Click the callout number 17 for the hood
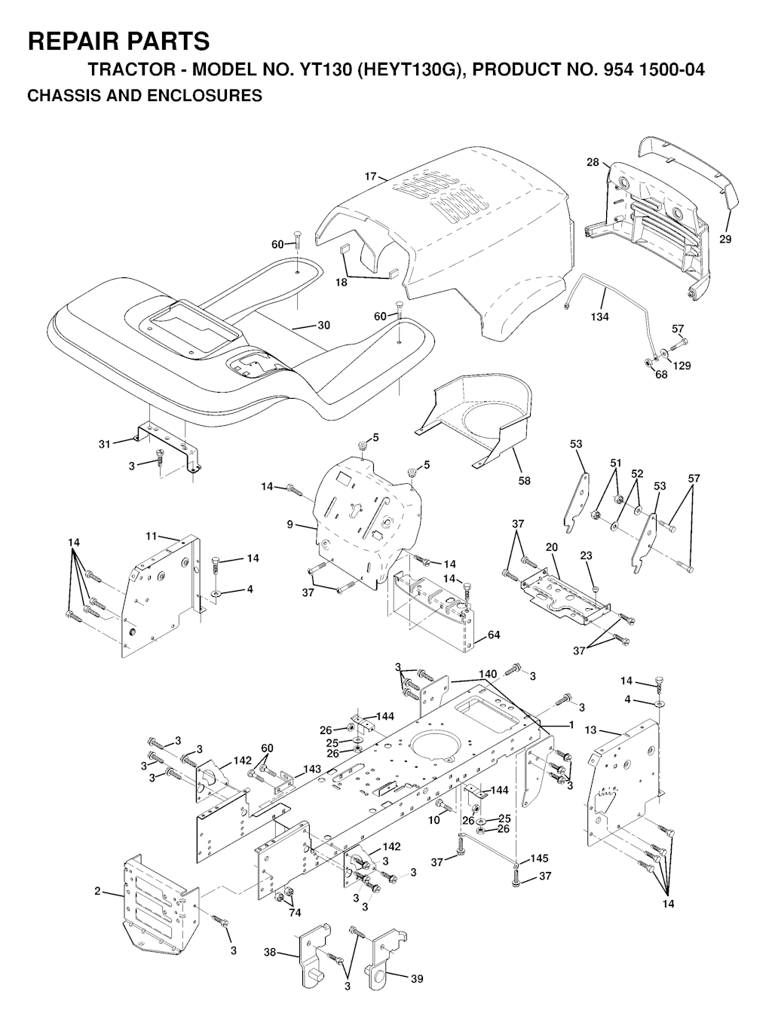pos(370,176)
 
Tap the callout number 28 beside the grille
pos(593,163)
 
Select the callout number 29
pos(725,239)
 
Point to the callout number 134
pos(600,317)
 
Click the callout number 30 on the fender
pos(323,326)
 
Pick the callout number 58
pos(524,481)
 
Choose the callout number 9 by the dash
pos(290,524)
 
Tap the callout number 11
pos(152,536)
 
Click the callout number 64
pos(494,635)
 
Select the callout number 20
pos(552,547)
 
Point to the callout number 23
pos(587,555)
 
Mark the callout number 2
pos(97,892)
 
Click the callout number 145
pos(539,858)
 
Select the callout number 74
pos(295,913)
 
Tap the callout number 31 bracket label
pos(105,444)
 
